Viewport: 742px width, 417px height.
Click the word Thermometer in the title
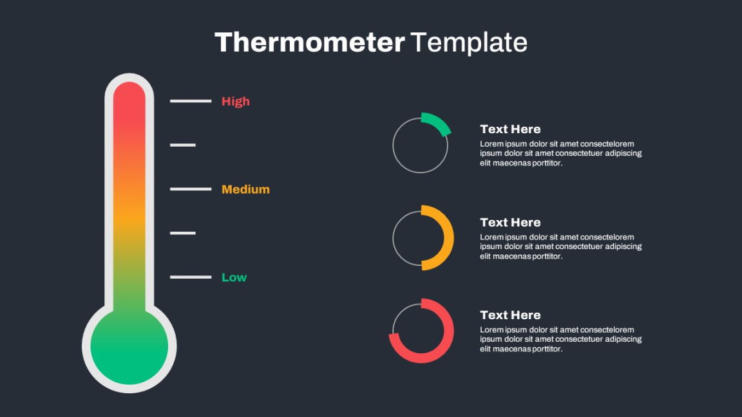[309, 42]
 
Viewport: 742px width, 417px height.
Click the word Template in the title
[468, 43]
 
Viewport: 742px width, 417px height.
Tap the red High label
[235, 101]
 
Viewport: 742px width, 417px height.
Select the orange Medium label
[245, 189]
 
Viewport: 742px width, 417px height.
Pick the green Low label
[234, 277]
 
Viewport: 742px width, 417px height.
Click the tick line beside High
[191, 100]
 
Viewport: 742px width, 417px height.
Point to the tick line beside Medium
[191, 189]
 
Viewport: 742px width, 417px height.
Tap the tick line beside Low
[191, 277]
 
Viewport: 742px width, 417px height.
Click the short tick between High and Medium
[183, 145]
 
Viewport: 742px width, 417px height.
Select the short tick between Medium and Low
[183, 232]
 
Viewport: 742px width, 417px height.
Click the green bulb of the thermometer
[129, 347]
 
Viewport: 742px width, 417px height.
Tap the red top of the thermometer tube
[129, 102]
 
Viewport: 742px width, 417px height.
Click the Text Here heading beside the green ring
[510, 129]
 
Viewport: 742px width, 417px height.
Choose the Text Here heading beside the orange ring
[510, 222]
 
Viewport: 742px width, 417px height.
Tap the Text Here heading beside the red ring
[510, 315]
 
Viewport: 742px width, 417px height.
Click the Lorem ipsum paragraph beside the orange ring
[561, 246]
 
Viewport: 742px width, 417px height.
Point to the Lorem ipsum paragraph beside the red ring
[561, 340]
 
